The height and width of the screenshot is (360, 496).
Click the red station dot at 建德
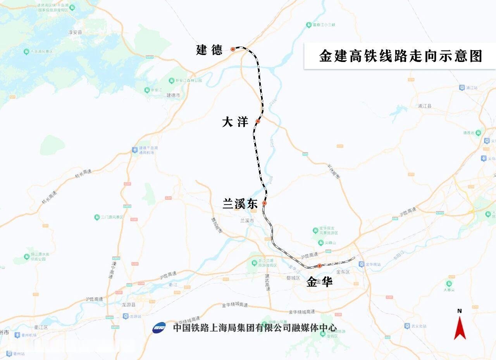click(233, 49)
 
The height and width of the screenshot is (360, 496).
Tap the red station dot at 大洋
click(258, 121)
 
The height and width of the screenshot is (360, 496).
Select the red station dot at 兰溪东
click(265, 203)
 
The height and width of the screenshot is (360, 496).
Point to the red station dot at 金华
click(319, 266)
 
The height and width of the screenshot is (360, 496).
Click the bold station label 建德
click(209, 50)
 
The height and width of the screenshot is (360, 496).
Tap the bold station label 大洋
click(235, 122)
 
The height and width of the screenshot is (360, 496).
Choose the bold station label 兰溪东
click(240, 204)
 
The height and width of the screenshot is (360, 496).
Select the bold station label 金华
click(319, 282)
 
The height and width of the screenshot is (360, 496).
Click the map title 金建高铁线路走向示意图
click(400, 56)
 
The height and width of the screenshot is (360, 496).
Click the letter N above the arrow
click(460, 311)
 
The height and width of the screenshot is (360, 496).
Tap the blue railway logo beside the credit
click(159, 328)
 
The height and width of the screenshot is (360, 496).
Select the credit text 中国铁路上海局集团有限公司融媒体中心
click(255, 328)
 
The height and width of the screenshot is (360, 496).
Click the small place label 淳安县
click(75, 33)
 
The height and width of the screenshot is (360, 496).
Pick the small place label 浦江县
click(425, 106)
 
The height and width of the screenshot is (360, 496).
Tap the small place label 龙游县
click(128, 305)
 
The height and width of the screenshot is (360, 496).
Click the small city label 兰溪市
click(247, 220)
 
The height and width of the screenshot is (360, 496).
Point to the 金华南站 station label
click(372, 264)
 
